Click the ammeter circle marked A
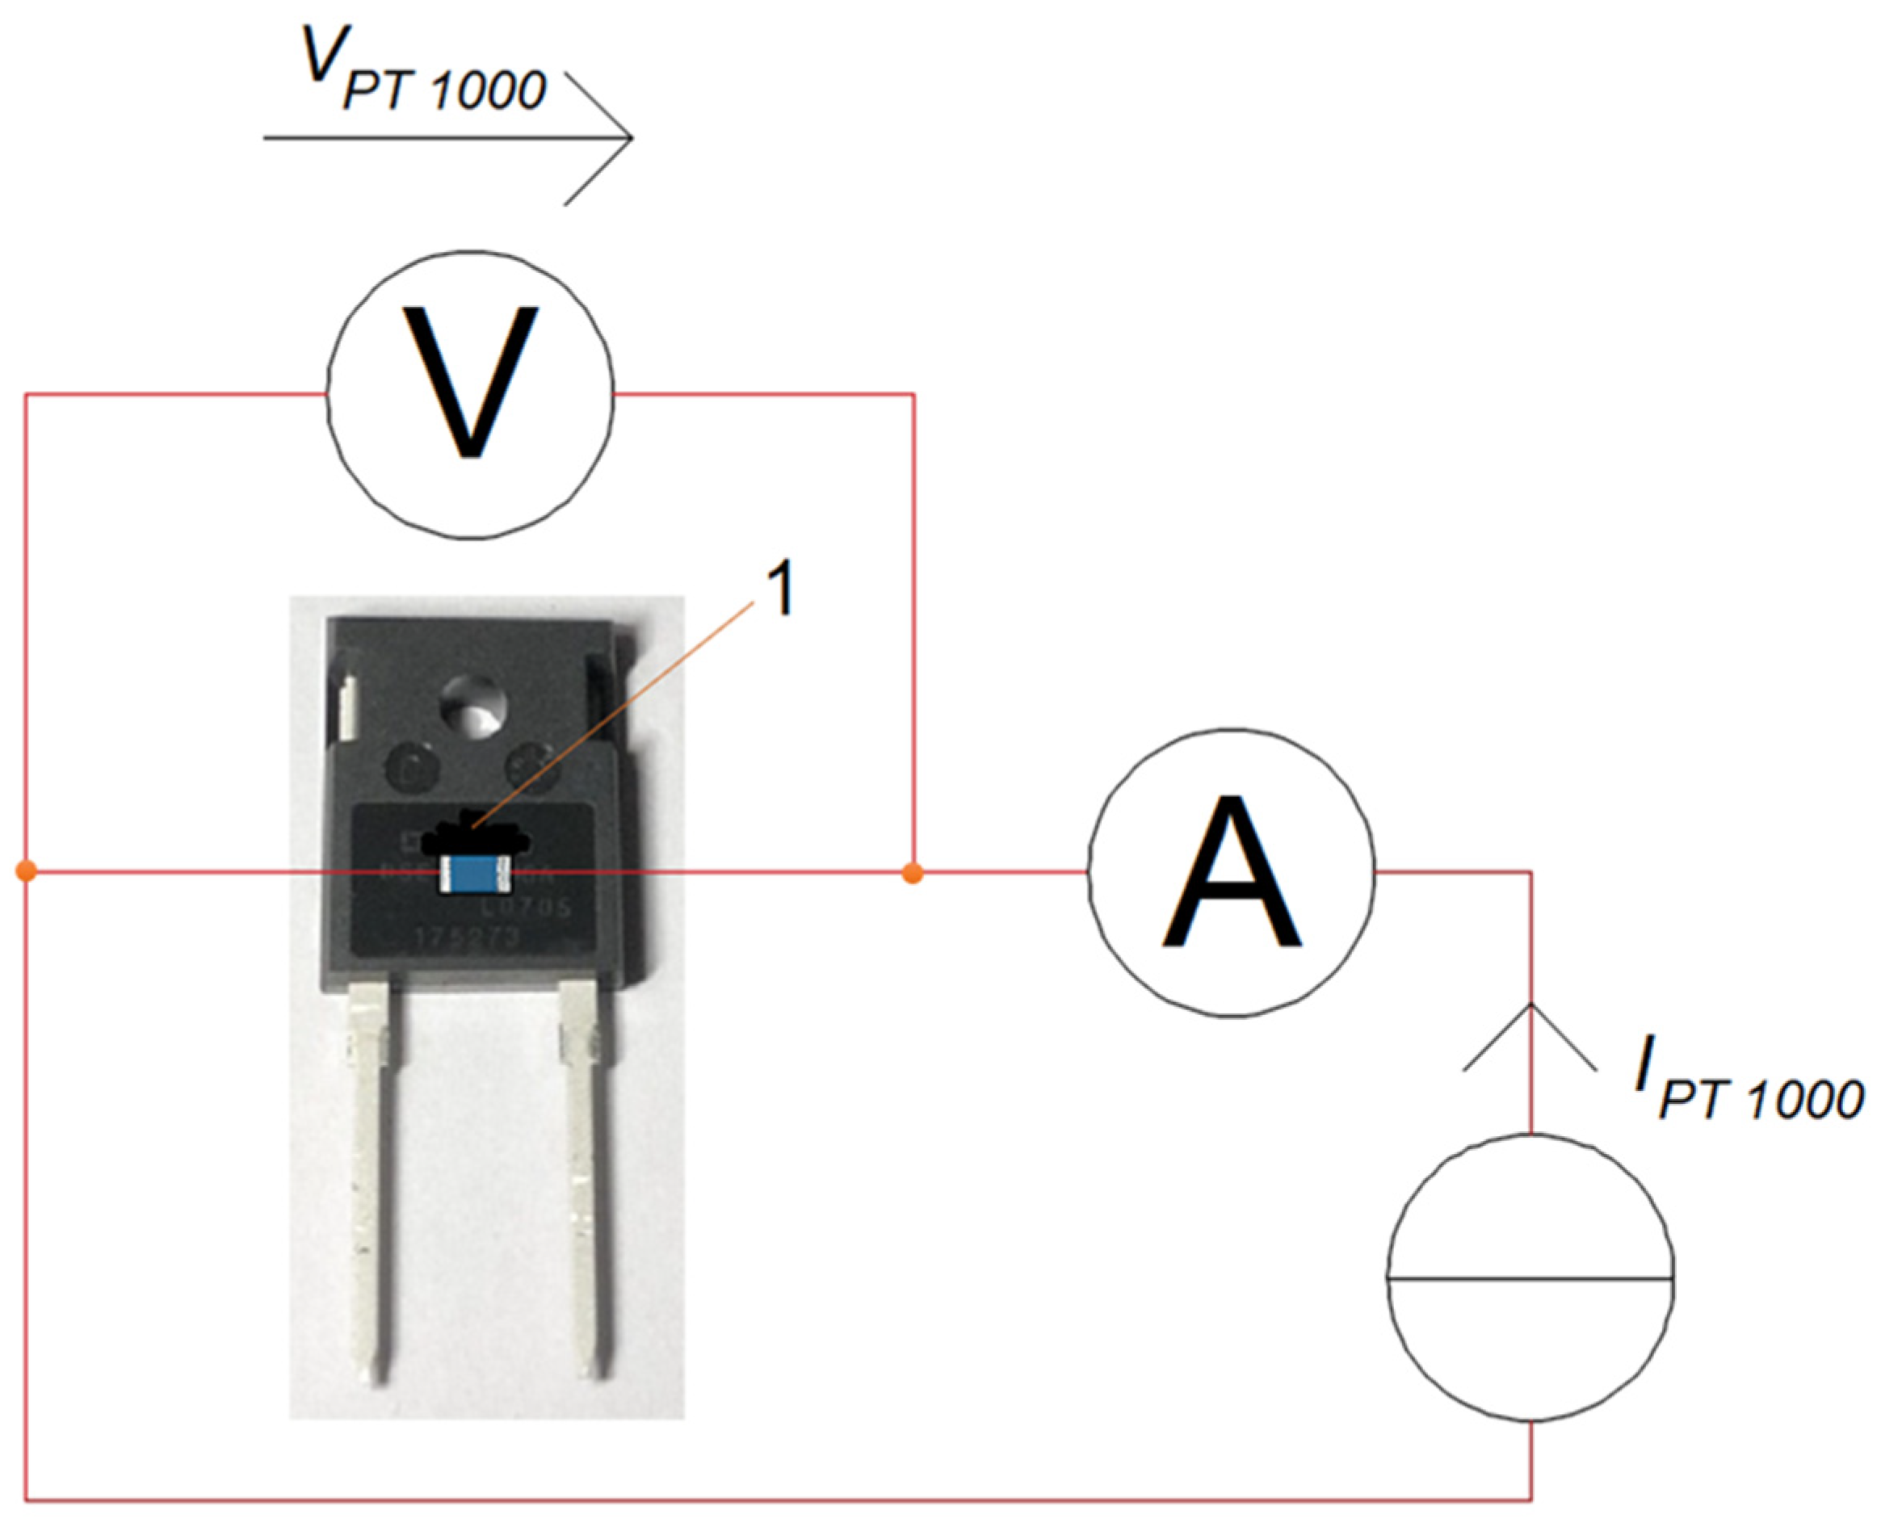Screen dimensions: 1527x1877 [x=1231, y=871]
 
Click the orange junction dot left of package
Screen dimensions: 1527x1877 [x=27, y=871]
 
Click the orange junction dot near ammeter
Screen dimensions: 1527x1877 [x=913, y=874]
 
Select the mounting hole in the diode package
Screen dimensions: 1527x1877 [x=473, y=707]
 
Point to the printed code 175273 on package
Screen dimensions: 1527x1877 [x=467, y=938]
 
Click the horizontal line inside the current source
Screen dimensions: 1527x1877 [x=1530, y=1277]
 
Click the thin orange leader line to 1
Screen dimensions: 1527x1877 [x=615, y=712]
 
